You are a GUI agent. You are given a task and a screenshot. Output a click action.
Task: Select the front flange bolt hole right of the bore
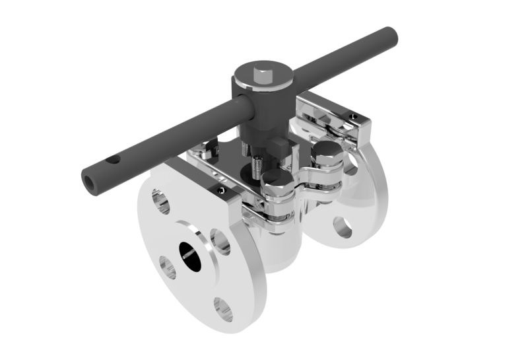220,242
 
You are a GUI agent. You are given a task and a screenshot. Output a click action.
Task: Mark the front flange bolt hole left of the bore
168,268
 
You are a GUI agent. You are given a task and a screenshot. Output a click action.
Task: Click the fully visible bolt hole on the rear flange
342,227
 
